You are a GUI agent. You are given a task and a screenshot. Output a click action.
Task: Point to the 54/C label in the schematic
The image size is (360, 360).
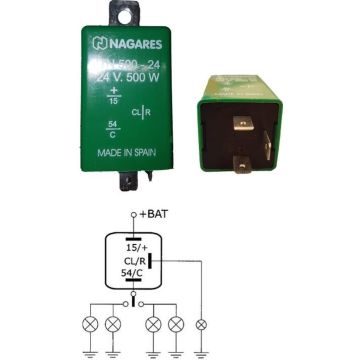point(134,274)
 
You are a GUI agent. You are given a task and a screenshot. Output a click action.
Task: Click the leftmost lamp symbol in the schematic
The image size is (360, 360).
point(88,324)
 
